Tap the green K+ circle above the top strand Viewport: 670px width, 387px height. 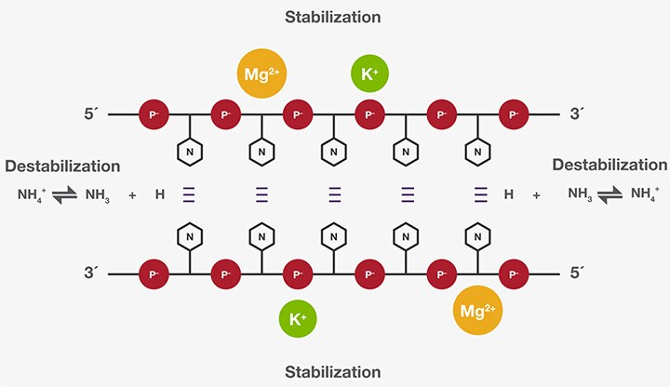368,72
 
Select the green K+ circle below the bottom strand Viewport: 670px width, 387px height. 299,318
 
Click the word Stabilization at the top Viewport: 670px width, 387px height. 334,18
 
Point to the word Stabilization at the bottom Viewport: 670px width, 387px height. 334,372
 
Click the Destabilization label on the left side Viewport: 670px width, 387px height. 62,167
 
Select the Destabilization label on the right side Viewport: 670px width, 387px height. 610,165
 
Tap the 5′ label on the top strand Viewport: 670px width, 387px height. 90,115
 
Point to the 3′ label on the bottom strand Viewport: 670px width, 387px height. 90,274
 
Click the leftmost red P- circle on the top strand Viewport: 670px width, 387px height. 154,115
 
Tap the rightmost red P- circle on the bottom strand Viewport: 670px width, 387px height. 513,274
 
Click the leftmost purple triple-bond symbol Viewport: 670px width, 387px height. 189,194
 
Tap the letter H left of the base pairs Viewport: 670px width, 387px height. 160,194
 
